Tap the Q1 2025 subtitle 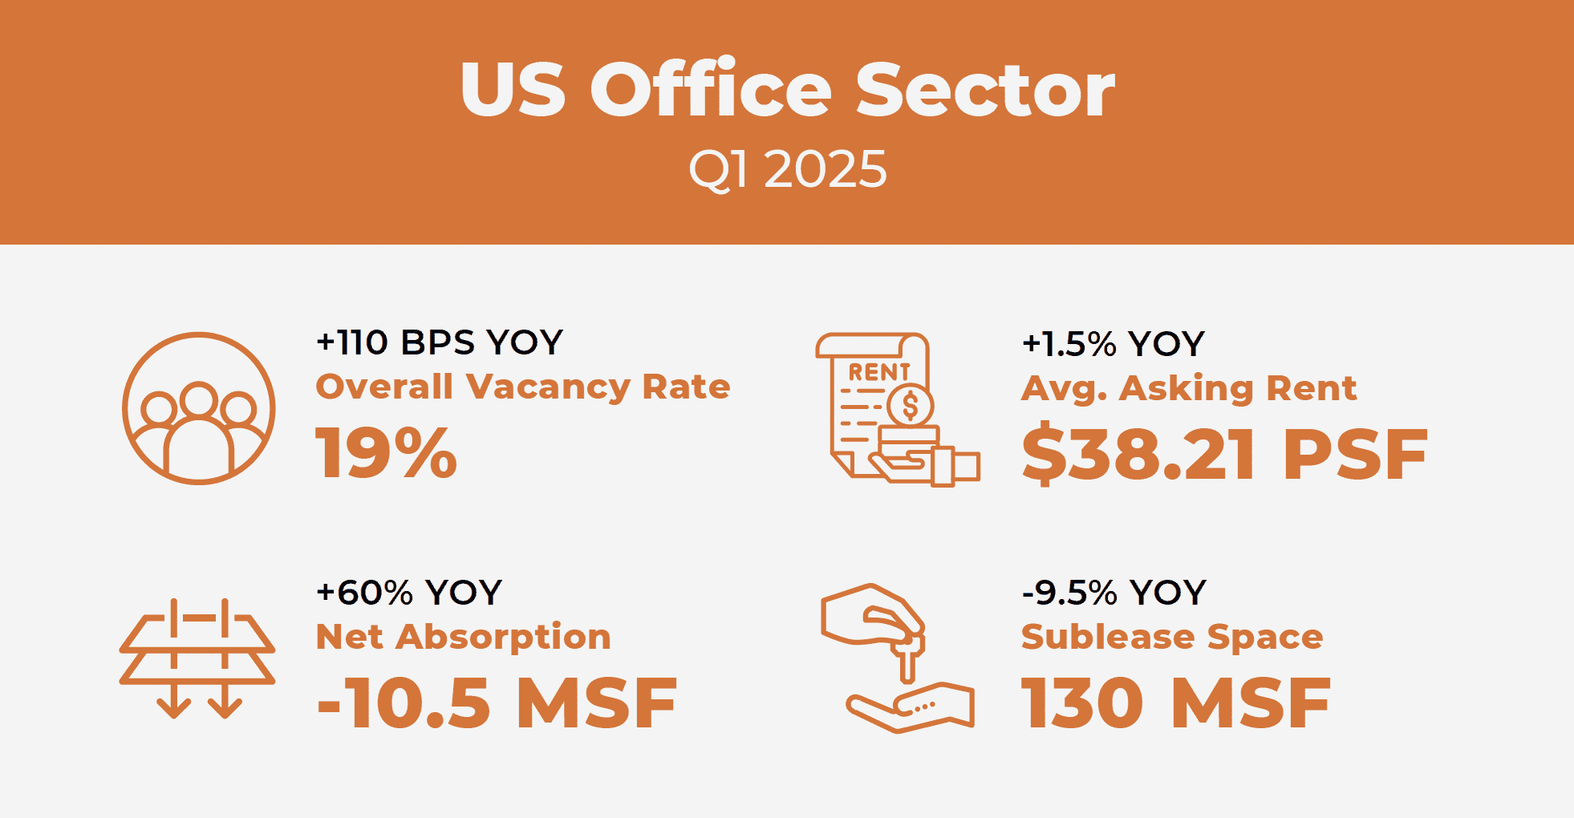[788, 170]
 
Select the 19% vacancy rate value [387, 453]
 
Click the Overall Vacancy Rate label [523, 387]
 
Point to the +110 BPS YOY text [440, 342]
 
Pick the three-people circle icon [199, 408]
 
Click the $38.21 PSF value [1225, 455]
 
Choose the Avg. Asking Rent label [1189, 388]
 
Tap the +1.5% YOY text [1114, 344]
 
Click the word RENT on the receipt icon [879, 372]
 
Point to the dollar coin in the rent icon [911, 406]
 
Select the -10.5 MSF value [497, 703]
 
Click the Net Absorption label [464, 637]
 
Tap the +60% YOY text [409, 593]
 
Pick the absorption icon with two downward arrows [197, 658]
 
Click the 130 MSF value [1176, 703]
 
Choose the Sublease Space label [1172, 637]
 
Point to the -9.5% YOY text [1114, 593]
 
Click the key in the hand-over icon [907, 658]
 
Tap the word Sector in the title [986, 89]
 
